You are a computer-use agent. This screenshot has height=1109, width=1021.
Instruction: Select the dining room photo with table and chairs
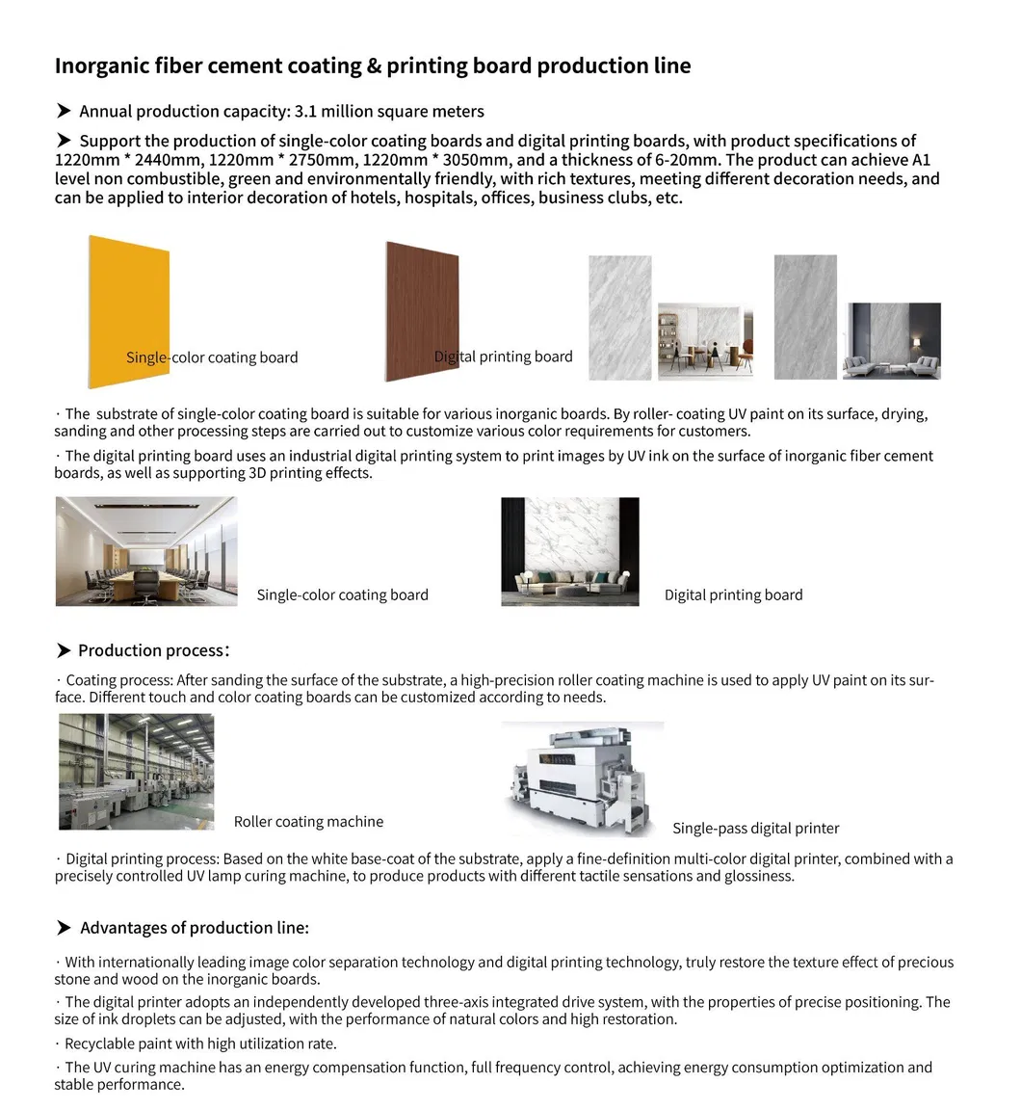705,341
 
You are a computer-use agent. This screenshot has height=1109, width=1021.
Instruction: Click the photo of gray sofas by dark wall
892,341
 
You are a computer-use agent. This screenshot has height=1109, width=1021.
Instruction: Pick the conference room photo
146,551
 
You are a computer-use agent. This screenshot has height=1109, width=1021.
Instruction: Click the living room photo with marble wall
570,551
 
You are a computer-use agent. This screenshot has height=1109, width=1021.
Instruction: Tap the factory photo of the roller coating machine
137,772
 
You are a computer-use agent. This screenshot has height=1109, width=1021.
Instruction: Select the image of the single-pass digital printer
582,779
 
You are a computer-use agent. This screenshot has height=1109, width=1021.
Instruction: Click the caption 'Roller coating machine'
308,822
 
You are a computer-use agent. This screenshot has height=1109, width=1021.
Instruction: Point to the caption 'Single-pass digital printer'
755,829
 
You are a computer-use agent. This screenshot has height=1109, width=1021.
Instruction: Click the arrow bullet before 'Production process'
64,651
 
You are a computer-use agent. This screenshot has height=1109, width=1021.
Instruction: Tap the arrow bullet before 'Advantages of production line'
64,928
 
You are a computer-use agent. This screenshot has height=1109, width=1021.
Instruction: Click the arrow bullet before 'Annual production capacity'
64,112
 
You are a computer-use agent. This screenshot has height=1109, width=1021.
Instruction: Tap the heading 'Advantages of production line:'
195,928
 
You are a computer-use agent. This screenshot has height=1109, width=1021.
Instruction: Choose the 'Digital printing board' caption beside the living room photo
733,595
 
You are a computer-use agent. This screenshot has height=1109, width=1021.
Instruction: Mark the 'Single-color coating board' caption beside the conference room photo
342,595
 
